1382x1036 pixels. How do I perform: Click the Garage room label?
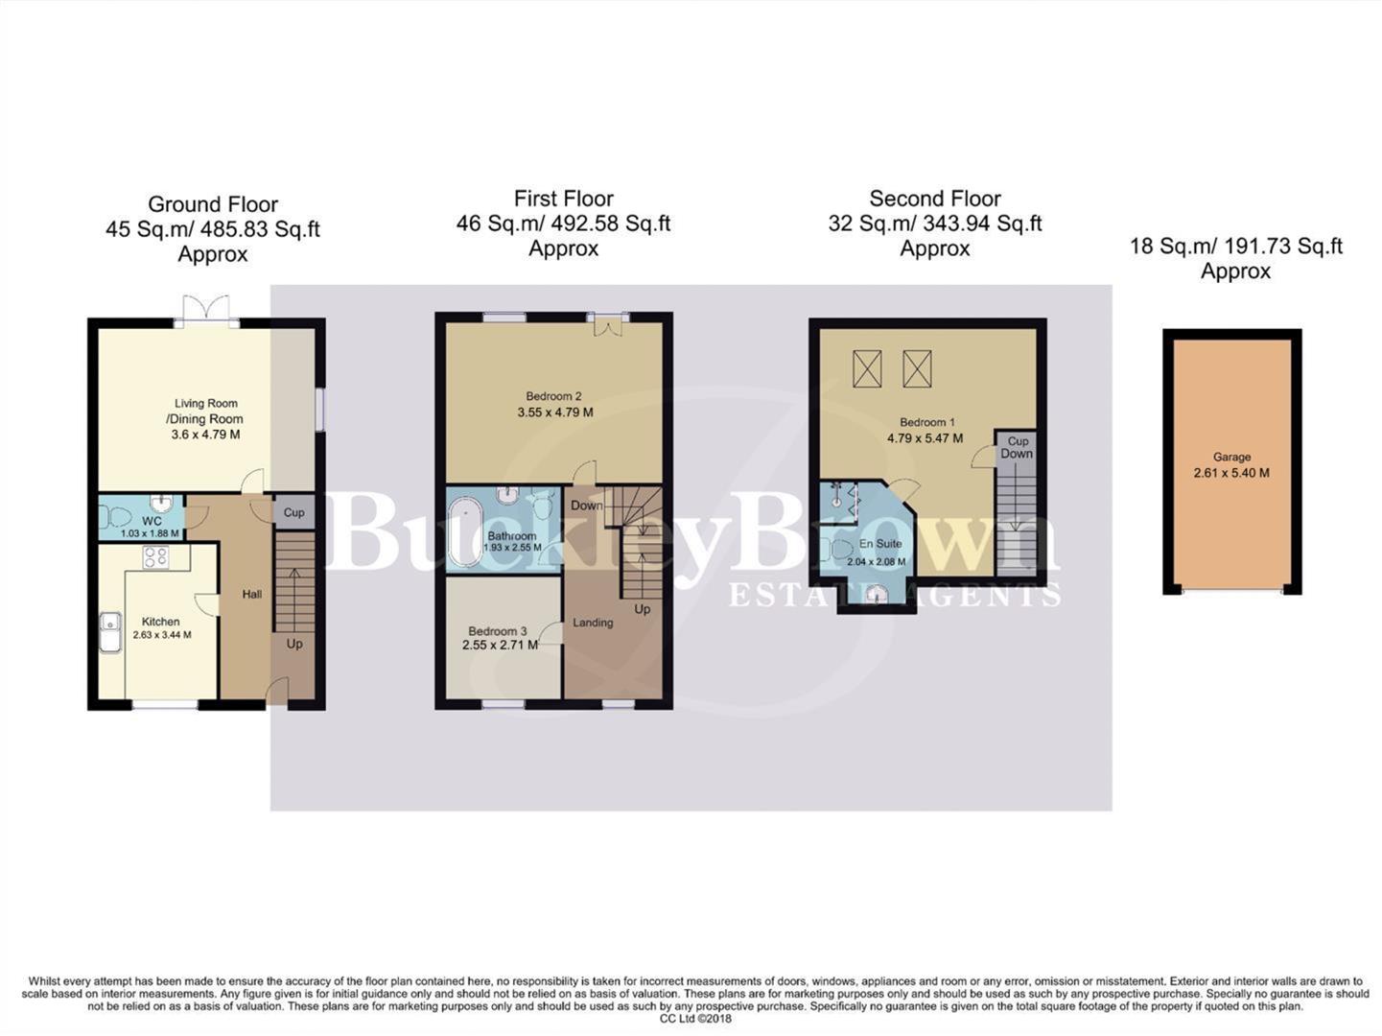[1231, 458]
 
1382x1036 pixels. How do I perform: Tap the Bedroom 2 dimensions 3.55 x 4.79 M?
[553, 412]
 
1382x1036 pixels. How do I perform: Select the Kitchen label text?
[160, 622]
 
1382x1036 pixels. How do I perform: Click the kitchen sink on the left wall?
[110, 631]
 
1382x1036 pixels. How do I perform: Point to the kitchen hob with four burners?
[155, 557]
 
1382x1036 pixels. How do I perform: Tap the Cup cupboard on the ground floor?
[293, 512]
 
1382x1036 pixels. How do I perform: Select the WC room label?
[152, 522]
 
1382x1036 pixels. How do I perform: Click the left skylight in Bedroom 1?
[867, 368]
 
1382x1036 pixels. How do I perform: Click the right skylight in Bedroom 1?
[917, 368]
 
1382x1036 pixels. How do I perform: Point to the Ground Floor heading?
[212, 204]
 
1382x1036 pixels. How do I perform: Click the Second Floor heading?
[934, 199]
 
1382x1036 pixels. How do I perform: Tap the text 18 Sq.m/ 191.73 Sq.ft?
[1235, 247]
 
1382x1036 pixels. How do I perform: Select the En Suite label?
[879, 544]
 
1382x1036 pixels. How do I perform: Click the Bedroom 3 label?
[497, 631]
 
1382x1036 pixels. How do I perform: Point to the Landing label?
[593, 623]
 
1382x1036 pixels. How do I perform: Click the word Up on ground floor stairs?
[293, 644]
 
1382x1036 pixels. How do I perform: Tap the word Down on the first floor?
[587, 506]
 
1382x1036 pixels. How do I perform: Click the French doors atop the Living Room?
[207, 309]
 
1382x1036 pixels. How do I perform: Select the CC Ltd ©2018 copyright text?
[694, 1019]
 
